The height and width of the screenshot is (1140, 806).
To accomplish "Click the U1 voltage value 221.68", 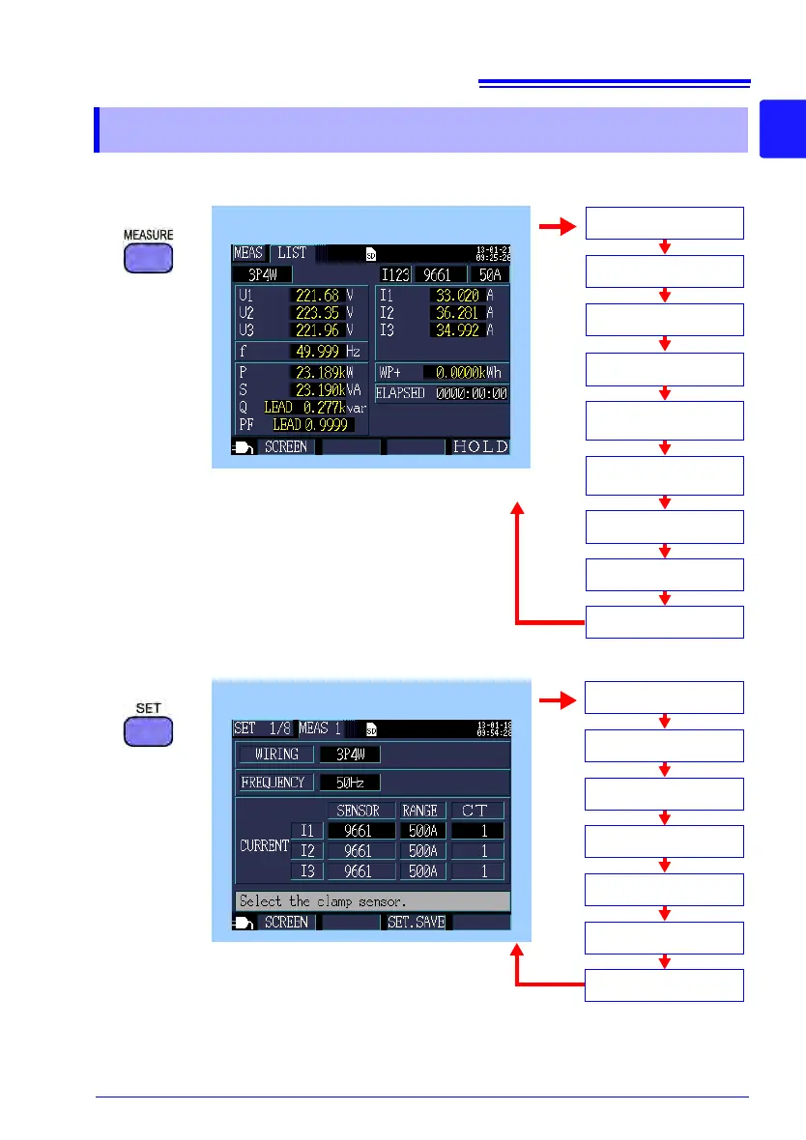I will [312, 295].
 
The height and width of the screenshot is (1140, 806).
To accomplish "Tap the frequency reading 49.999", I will [312, 351].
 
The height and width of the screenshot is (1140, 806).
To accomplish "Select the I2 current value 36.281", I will [456, 311].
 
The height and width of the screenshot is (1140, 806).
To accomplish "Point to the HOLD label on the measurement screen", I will [480, 447].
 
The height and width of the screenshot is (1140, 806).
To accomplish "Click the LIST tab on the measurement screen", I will [292, 253].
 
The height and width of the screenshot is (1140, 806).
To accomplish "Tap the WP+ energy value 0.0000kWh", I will [466, 372].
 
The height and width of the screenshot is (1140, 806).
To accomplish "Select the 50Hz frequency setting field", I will [350, 782].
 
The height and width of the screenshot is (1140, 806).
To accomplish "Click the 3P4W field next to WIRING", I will [350, 754].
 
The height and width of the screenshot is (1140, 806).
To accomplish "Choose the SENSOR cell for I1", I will [360, 830].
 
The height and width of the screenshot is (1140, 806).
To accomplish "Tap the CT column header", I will [477, 810].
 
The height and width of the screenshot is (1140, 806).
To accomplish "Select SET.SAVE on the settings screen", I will [416, 923].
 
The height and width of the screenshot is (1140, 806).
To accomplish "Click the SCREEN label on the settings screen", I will [286, 923].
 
